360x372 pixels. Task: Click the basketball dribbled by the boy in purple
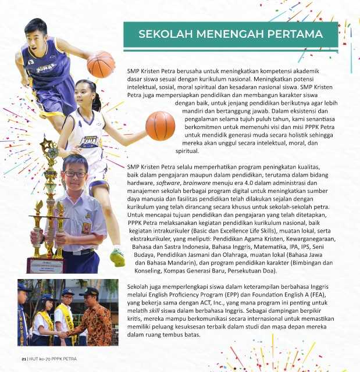pyautogui.click(x=100, y=63)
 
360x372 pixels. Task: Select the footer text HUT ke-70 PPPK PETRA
pyautogui.click(x=53, y=359)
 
